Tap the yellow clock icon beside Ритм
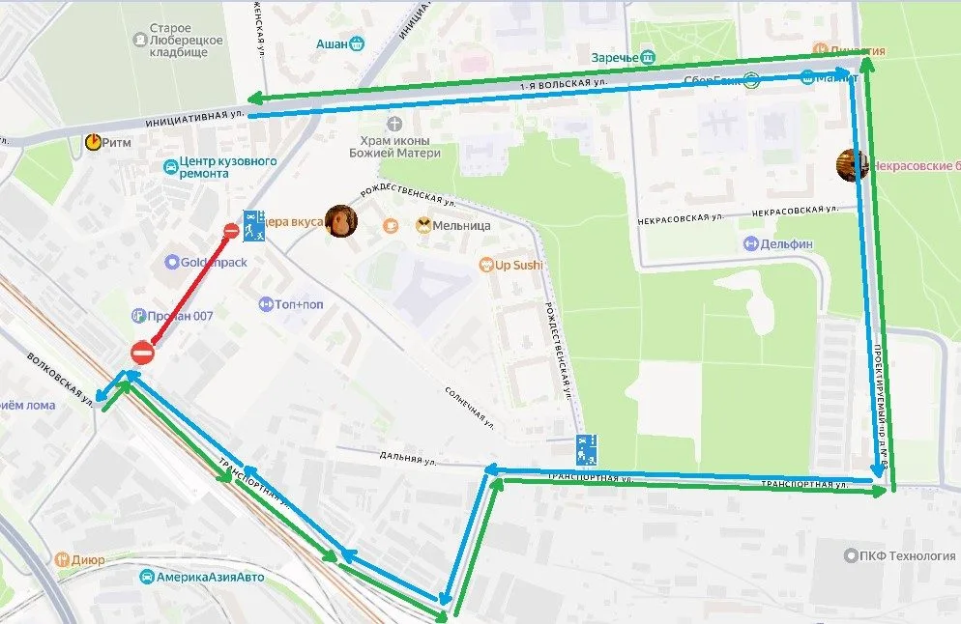[94, 142]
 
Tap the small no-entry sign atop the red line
[231, 231]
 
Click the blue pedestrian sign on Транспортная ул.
[587, 449]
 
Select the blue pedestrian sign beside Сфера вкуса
[254, 224]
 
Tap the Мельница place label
[461, 226]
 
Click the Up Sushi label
[518, 265]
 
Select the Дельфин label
[785, 244]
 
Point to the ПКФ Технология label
[893, 555]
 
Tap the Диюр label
[86, 558]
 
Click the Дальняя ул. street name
[405, 459]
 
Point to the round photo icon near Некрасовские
[852, 165]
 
